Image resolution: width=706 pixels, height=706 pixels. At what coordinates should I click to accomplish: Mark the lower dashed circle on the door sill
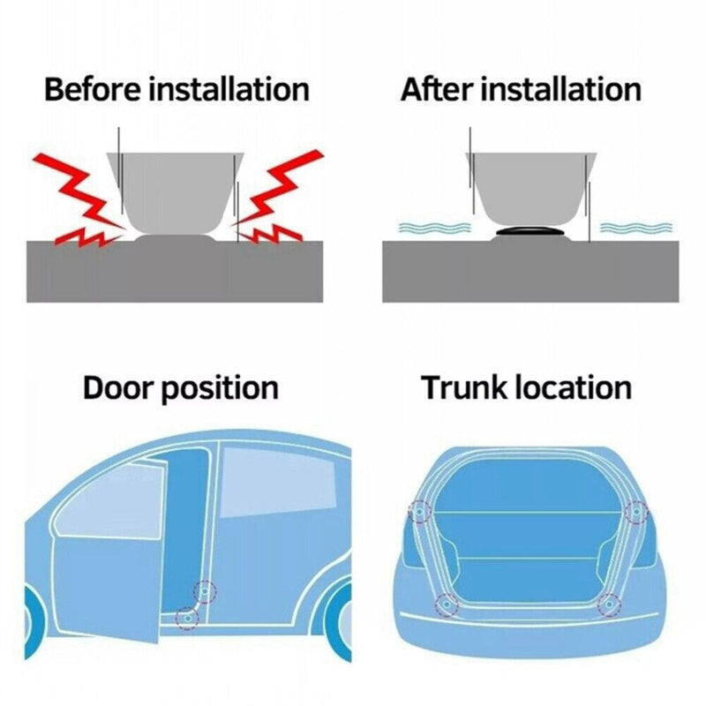click(185, 617)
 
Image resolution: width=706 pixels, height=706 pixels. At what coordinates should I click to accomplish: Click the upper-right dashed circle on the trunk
click(635, 511)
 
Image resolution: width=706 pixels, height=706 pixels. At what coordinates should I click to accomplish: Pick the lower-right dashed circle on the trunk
click(609, 605)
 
